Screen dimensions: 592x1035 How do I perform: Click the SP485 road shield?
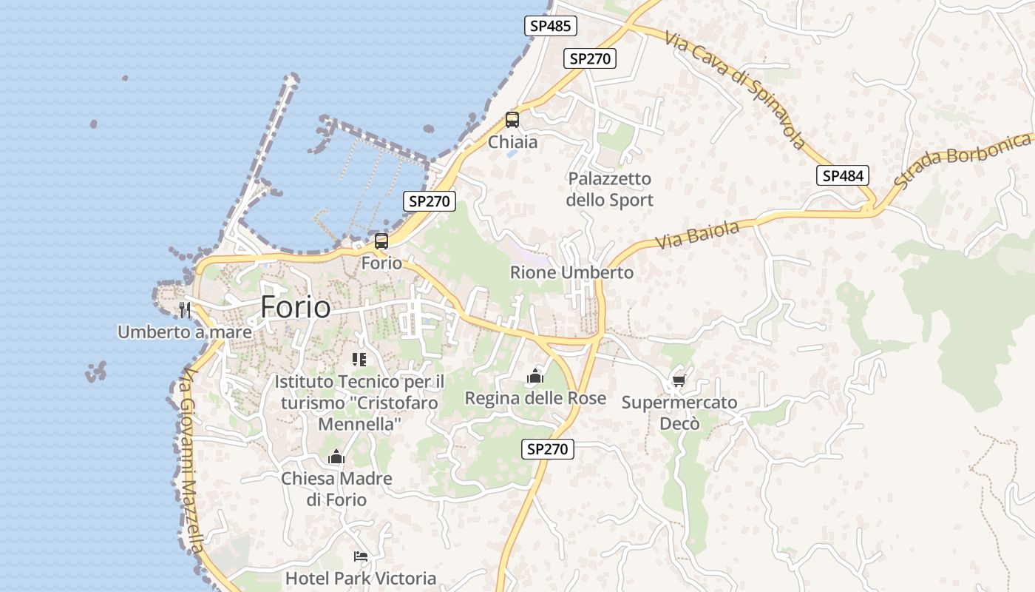551,26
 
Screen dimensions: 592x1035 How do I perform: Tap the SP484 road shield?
842,175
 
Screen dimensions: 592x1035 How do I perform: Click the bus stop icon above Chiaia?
512,120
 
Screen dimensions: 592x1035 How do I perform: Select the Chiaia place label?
512,141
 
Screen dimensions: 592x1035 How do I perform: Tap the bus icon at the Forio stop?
381,241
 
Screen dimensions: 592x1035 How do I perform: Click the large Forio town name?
295,306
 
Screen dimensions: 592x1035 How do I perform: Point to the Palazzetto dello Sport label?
610,189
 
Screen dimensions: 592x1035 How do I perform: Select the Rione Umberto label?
571,272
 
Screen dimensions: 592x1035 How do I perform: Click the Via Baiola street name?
697,235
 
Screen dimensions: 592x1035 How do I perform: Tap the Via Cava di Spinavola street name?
733,89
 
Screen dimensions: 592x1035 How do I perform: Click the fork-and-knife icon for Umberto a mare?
185,310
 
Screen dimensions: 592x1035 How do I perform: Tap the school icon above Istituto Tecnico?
359,360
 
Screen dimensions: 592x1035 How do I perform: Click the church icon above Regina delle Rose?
535,377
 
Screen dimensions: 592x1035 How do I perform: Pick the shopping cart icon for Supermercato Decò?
679,381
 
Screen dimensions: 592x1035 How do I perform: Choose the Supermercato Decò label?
679,413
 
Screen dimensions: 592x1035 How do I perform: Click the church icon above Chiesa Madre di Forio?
336,457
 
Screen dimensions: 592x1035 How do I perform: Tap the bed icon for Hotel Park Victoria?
361,556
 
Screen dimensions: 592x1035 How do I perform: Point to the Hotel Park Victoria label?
361,578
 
